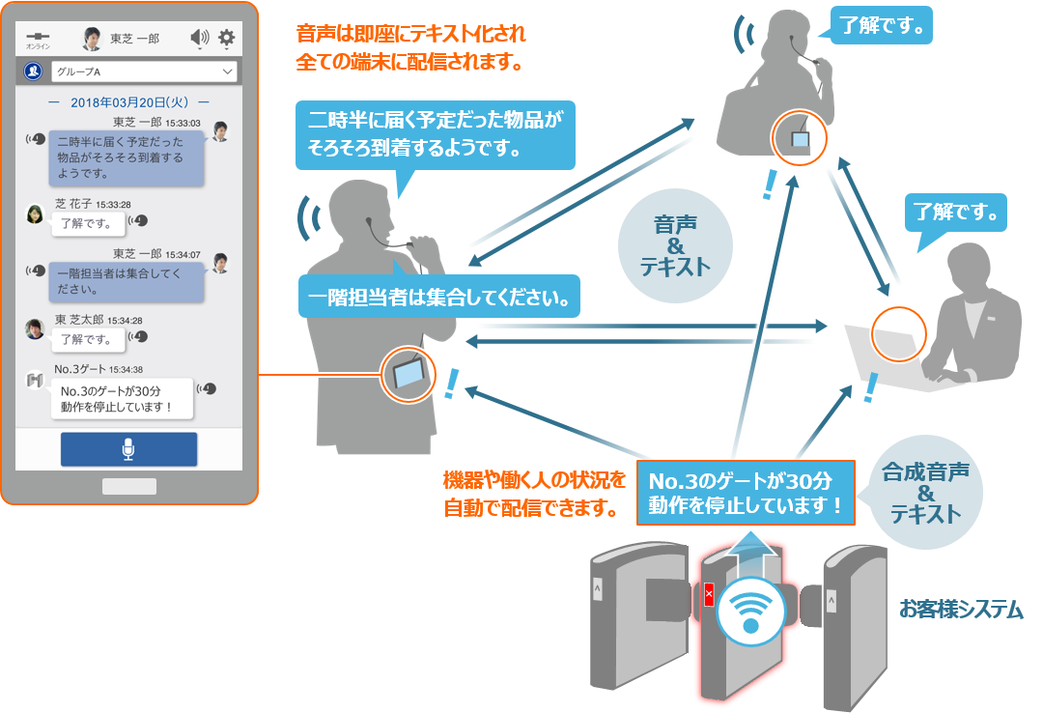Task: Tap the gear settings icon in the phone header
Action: (x=227, y=38)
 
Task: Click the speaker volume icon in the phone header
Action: (x=200, y=38)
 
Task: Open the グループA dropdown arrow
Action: (x=228, y=71)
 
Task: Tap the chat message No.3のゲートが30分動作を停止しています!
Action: (x=122, y=399)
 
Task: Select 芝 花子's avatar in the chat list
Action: (x=35, y=214)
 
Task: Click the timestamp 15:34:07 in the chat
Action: (x=183, y=254)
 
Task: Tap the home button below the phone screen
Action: (x=129, y=487)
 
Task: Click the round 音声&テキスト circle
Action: (x=675, y=245)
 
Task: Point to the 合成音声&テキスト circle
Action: (x=925, y=493)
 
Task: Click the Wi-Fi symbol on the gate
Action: (x=751, y=610)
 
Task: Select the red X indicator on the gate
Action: (x=709, y=594)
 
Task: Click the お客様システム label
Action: (x=961, y=610)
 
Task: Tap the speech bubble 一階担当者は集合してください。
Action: (x=439, y=297)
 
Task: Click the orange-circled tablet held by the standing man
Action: (x=408, y=374)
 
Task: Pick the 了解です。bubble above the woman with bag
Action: (x=882, y=26)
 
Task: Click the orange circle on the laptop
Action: (x=899, y=334)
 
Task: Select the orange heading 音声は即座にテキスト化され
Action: (x=410, y=33)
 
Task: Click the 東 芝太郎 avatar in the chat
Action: (x=35, y=328)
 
